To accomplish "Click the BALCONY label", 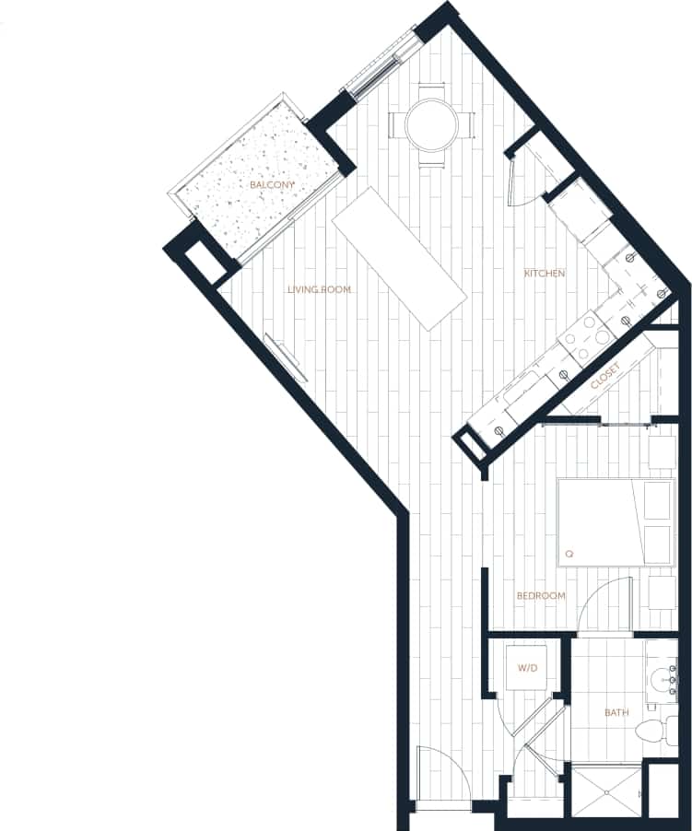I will [x=273, y=185].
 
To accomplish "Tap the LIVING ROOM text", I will [x=319, y=290].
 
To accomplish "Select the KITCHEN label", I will [x=544, y=274].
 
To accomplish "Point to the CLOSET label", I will [x=604, y=373].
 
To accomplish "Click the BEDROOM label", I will [x=540, y=596].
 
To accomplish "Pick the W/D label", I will [x=527, y=668].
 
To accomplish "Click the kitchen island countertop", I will [x=400, y=258].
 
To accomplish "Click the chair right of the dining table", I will [x=469, y=124].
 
